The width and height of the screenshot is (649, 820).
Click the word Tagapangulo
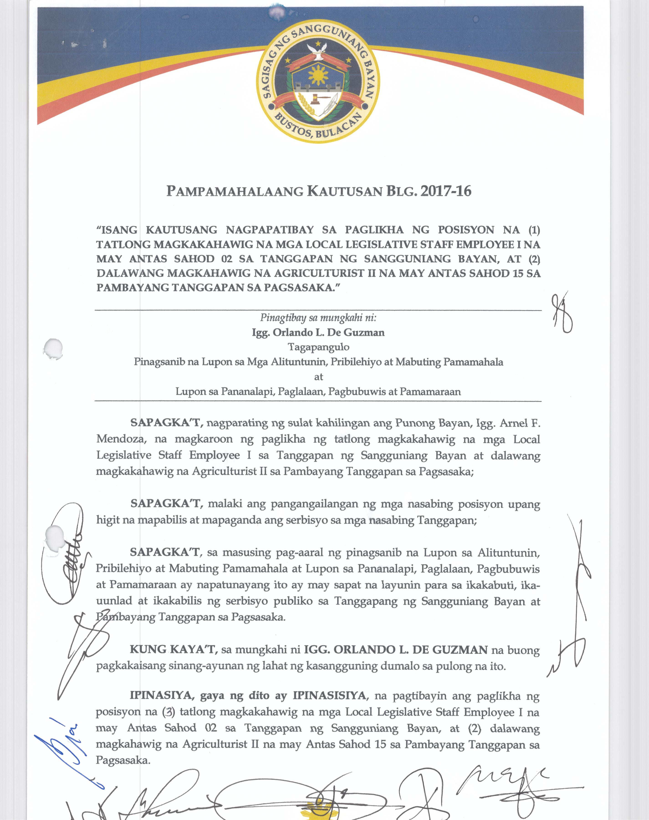tap(318, 347)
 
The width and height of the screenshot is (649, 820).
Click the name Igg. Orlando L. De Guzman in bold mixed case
tap(318, 333)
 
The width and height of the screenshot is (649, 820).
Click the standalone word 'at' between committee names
tap(318, 377)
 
